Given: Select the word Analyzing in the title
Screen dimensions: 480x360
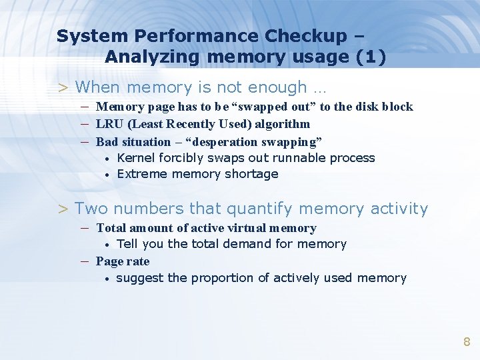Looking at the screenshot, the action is tap(153, 57).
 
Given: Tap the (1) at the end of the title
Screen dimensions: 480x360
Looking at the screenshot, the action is tap(371, 57).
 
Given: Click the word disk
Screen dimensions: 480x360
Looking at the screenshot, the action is tap(365, 107).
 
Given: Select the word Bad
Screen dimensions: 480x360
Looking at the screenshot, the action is tap(107, 142).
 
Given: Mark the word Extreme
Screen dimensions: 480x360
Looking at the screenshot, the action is tap(142, 174).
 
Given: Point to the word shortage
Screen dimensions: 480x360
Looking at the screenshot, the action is tap(252, 174).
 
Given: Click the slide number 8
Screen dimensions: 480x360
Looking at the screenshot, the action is tap(467, 343).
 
